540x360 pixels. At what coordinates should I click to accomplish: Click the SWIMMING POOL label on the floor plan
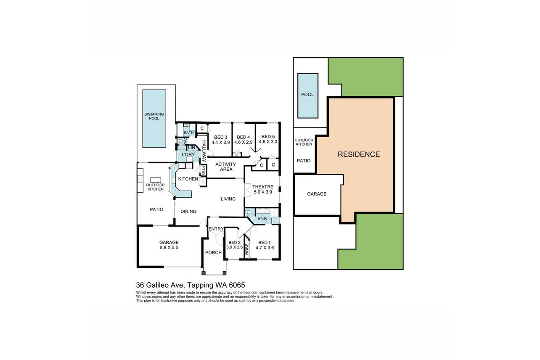point(154,116)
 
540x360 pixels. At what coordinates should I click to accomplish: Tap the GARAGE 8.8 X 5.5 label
point(169,245)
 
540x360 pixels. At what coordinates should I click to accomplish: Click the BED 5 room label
point(268,139)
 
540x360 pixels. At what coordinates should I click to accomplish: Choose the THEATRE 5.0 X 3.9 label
point(263,189)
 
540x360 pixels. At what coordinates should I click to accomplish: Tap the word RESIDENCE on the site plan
point(359,154)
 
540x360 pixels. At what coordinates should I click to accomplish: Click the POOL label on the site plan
point(307,95)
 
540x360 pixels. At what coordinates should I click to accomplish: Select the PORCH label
point(213,252)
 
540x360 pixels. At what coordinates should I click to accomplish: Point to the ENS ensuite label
point(262,218)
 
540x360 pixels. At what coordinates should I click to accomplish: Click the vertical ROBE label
point(246,249)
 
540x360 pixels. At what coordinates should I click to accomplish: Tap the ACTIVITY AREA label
point(226,167)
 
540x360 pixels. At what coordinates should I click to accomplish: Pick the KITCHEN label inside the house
point(188,179)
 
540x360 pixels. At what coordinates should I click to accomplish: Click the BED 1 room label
point(265,245)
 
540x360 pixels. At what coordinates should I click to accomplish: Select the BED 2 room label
point(235,245)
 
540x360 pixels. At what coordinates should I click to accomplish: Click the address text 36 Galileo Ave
point(160,285)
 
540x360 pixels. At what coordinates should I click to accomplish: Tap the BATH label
point(189,133)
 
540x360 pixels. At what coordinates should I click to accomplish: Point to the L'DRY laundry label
point(188,154)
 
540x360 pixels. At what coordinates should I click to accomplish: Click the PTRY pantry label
point(204,170)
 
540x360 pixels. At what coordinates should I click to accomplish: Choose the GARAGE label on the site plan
point(317,194)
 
